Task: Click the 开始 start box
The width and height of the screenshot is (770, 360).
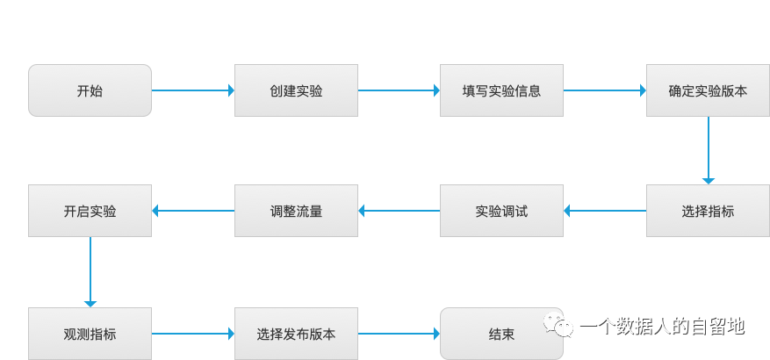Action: (90, 90)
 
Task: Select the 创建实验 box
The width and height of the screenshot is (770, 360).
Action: (296, 90)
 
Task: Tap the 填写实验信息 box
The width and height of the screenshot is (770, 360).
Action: (501, 90)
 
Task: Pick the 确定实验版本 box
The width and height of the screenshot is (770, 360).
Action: (708, 90)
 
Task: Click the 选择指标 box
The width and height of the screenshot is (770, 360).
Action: (708, 211)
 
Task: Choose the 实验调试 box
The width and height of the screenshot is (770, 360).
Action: (501, 211)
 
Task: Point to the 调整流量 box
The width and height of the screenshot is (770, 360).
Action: (296, 211)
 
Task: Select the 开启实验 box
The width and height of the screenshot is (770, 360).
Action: (90, 211)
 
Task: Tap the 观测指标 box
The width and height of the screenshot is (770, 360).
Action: (90, 334)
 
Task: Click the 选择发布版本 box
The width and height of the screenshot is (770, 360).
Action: (296, 334)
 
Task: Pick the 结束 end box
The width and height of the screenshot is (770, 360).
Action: (501, 334)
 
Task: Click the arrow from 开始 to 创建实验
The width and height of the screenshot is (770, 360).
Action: (193, 90)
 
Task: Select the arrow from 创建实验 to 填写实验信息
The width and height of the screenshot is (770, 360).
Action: (399, 90)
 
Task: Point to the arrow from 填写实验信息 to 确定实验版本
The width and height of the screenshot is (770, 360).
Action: (605, 90)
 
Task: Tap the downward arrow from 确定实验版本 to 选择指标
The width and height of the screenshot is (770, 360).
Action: (708, 150)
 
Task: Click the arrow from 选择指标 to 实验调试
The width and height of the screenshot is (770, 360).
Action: (605, 211)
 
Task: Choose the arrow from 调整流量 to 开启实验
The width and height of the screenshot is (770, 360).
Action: (193, 211)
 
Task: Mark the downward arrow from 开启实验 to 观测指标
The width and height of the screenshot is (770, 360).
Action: (90, 272)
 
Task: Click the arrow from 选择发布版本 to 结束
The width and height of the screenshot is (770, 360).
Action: (399, 334)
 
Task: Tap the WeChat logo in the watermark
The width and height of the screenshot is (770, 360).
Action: (558, 327)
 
